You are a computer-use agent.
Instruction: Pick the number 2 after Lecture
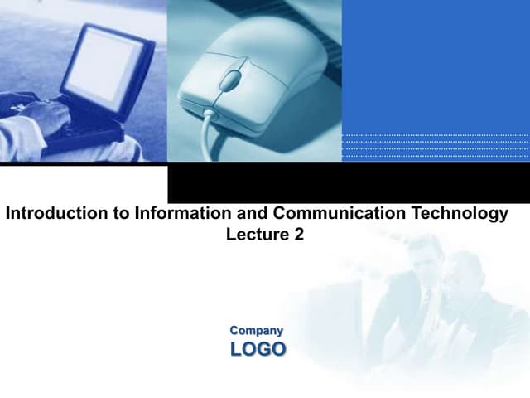pos(298,235)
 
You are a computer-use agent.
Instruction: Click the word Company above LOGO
pos(256,330)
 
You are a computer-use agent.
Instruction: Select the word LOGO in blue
pos(258,349)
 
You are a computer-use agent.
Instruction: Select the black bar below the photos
pos(348,182)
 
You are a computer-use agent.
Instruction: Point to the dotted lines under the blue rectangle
pos(435,146)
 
